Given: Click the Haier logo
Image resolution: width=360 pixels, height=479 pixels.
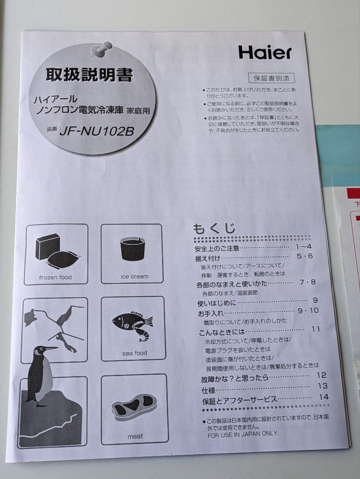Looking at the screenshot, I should [265, 52].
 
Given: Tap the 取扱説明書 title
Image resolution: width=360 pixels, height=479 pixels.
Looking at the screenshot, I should [89, 75].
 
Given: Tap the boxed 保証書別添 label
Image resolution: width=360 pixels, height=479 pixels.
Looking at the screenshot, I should [271, 79].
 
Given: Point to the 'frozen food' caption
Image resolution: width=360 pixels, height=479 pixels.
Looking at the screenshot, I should [55, 277].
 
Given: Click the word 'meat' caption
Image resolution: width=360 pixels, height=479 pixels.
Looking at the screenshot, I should [135, 436].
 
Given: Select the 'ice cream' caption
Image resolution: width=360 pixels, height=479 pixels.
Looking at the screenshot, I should [135, 276].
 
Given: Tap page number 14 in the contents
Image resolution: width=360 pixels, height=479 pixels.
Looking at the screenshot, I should [323, 397].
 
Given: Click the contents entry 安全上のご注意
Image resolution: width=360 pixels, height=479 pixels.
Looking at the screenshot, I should [217, 248].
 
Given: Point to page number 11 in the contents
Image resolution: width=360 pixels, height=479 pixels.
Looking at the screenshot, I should [315, 329].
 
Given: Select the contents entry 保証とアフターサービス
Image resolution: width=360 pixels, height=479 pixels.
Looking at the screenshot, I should [239, 400].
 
